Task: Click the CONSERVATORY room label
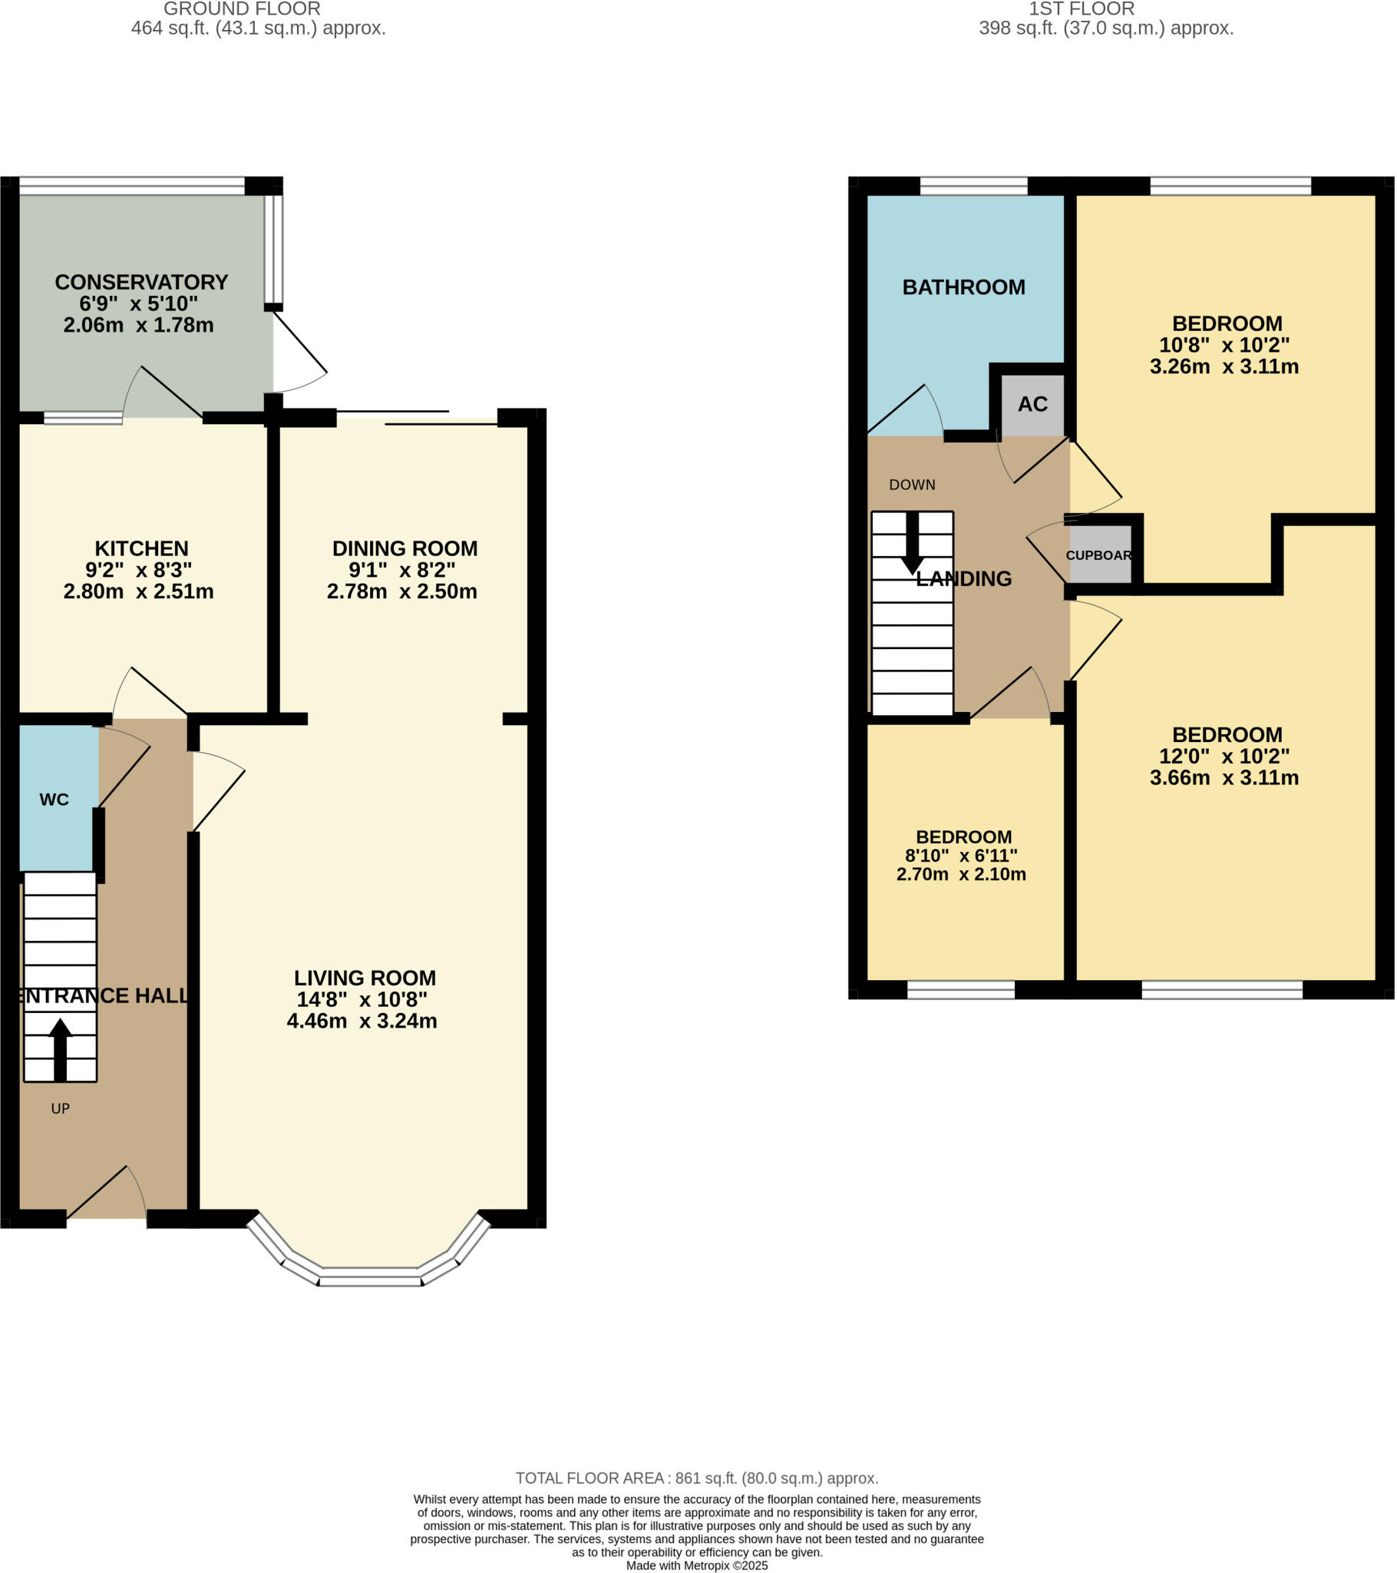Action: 141,283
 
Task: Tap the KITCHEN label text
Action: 141,548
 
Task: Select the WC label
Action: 54,800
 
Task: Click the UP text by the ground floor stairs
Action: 60,1109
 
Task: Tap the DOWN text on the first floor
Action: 913,485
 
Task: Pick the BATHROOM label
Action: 965,288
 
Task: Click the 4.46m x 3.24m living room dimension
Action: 362,1022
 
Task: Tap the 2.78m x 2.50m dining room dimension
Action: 402,592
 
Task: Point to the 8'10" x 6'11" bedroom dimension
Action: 963,856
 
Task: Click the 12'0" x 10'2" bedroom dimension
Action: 1226,757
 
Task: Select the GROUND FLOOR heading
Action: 243,9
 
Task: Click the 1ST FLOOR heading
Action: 1082,9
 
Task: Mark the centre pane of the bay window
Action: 371,1275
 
